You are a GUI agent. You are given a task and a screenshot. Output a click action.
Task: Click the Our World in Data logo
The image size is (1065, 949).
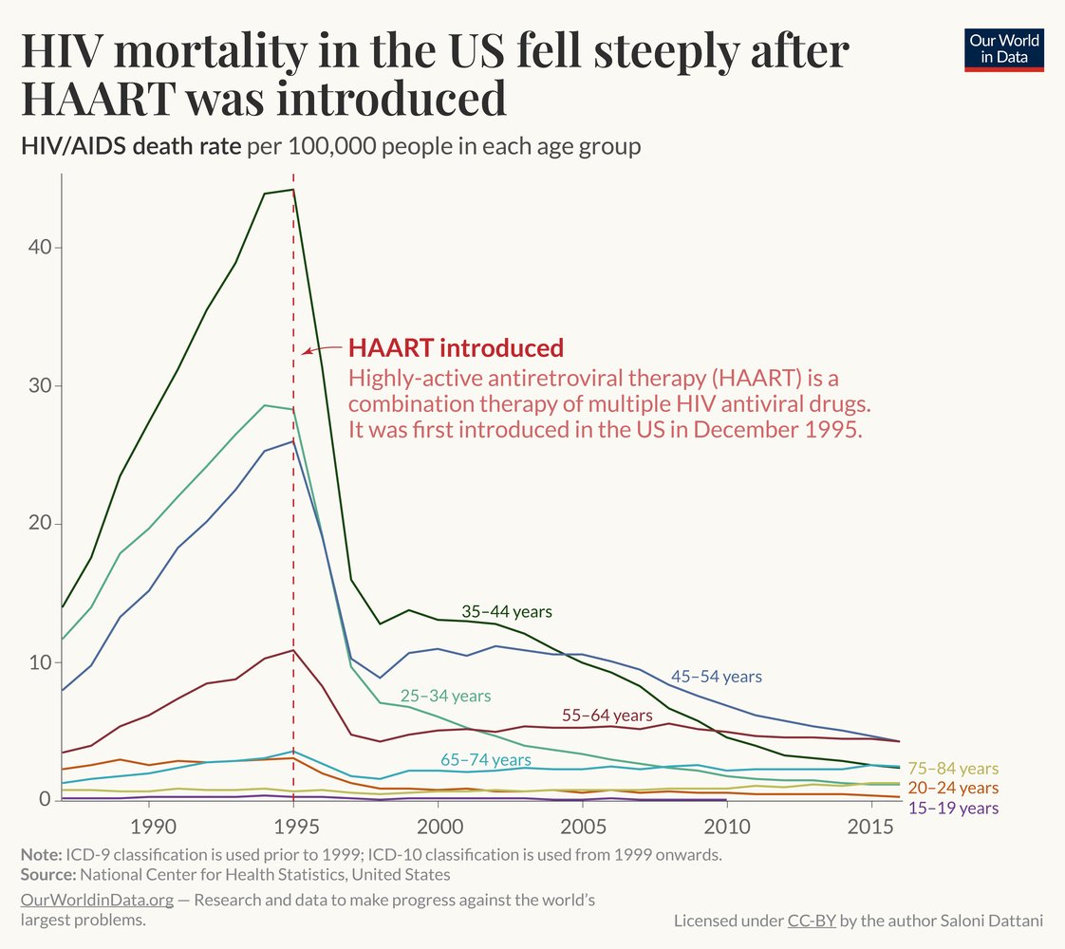(x=1005, y=49)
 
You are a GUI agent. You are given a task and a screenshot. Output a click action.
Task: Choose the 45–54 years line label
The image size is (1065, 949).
(x=717, y=677)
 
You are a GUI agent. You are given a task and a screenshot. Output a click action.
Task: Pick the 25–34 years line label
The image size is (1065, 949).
(x=446, y=696)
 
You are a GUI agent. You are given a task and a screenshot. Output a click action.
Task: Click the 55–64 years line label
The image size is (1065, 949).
(x=607, y=715)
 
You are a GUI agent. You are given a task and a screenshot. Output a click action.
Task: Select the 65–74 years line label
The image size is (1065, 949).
(x=486, y=760)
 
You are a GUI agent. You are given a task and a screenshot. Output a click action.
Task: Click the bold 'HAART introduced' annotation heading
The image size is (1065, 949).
(x=456, y=347)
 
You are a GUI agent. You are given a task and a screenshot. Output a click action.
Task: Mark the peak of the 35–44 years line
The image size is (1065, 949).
(x=293, y=190)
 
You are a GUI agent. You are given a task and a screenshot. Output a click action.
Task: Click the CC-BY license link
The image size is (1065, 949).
(x=812, y=921)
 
